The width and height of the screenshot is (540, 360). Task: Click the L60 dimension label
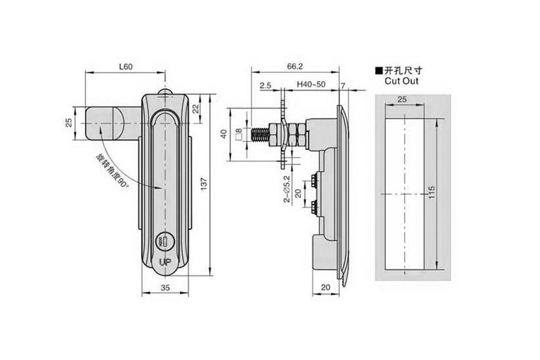tap(125, 67)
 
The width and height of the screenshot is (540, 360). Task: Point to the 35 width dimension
tap(166, 288)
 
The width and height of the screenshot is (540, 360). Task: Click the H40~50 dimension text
tap(311, 85)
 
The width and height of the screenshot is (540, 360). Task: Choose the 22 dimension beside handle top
tap(196, 108)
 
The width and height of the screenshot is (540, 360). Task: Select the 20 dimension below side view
tap(328, 288)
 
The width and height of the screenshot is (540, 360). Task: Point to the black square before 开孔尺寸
tap(378, 70)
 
